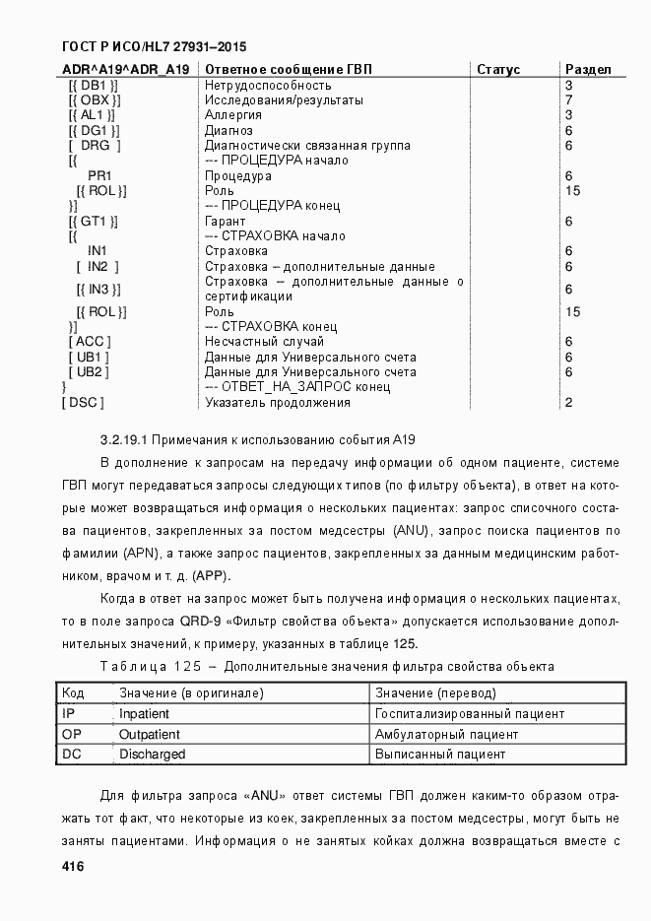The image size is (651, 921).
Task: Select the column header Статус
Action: click(498, 69)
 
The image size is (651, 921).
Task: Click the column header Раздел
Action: click(588, 69)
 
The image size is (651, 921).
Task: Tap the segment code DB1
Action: click(95, 85)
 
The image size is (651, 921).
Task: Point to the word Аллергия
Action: click(232, 115)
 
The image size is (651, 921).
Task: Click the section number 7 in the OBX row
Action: click(569, 99)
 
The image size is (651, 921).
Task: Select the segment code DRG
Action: click(96, 145)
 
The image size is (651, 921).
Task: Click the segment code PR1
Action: click(99, 175)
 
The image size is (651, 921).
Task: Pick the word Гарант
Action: click(226, 221)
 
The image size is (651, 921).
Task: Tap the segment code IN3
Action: click(98, 289)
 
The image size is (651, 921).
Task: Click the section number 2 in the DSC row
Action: click(569, 402)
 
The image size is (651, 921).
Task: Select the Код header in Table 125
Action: click(73, 692)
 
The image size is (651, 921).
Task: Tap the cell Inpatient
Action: click(144, 713)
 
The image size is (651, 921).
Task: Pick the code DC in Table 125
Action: click(71, 755)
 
